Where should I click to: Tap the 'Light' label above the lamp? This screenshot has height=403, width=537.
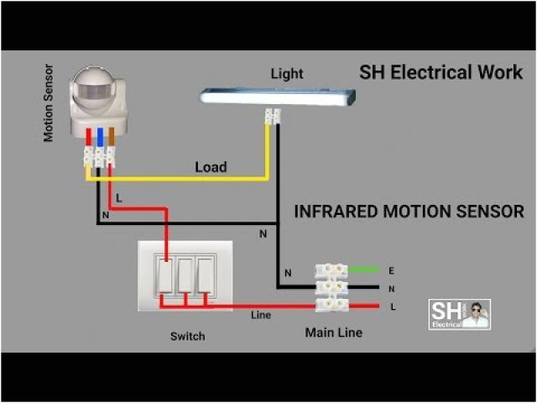coord(286,74)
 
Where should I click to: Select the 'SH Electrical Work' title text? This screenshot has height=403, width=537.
coord(441,72)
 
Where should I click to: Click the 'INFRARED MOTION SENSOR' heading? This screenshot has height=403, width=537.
coord(409,212)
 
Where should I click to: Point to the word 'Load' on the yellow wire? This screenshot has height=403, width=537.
coord(211,167)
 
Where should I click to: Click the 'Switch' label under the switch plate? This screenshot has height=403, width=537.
coord(187,336)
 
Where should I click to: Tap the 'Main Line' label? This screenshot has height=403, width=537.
coord(334,332)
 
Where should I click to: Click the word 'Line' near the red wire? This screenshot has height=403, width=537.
coord(261,316)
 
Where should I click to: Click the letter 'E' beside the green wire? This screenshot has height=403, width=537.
coord(392,270)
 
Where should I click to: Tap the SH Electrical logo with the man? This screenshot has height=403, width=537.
coord(460,313)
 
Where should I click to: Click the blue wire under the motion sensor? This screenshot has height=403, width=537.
coord(100,137)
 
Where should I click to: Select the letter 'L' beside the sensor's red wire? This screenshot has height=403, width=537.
coord(119,199)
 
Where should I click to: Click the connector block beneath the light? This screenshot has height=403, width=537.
coord(272,117)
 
